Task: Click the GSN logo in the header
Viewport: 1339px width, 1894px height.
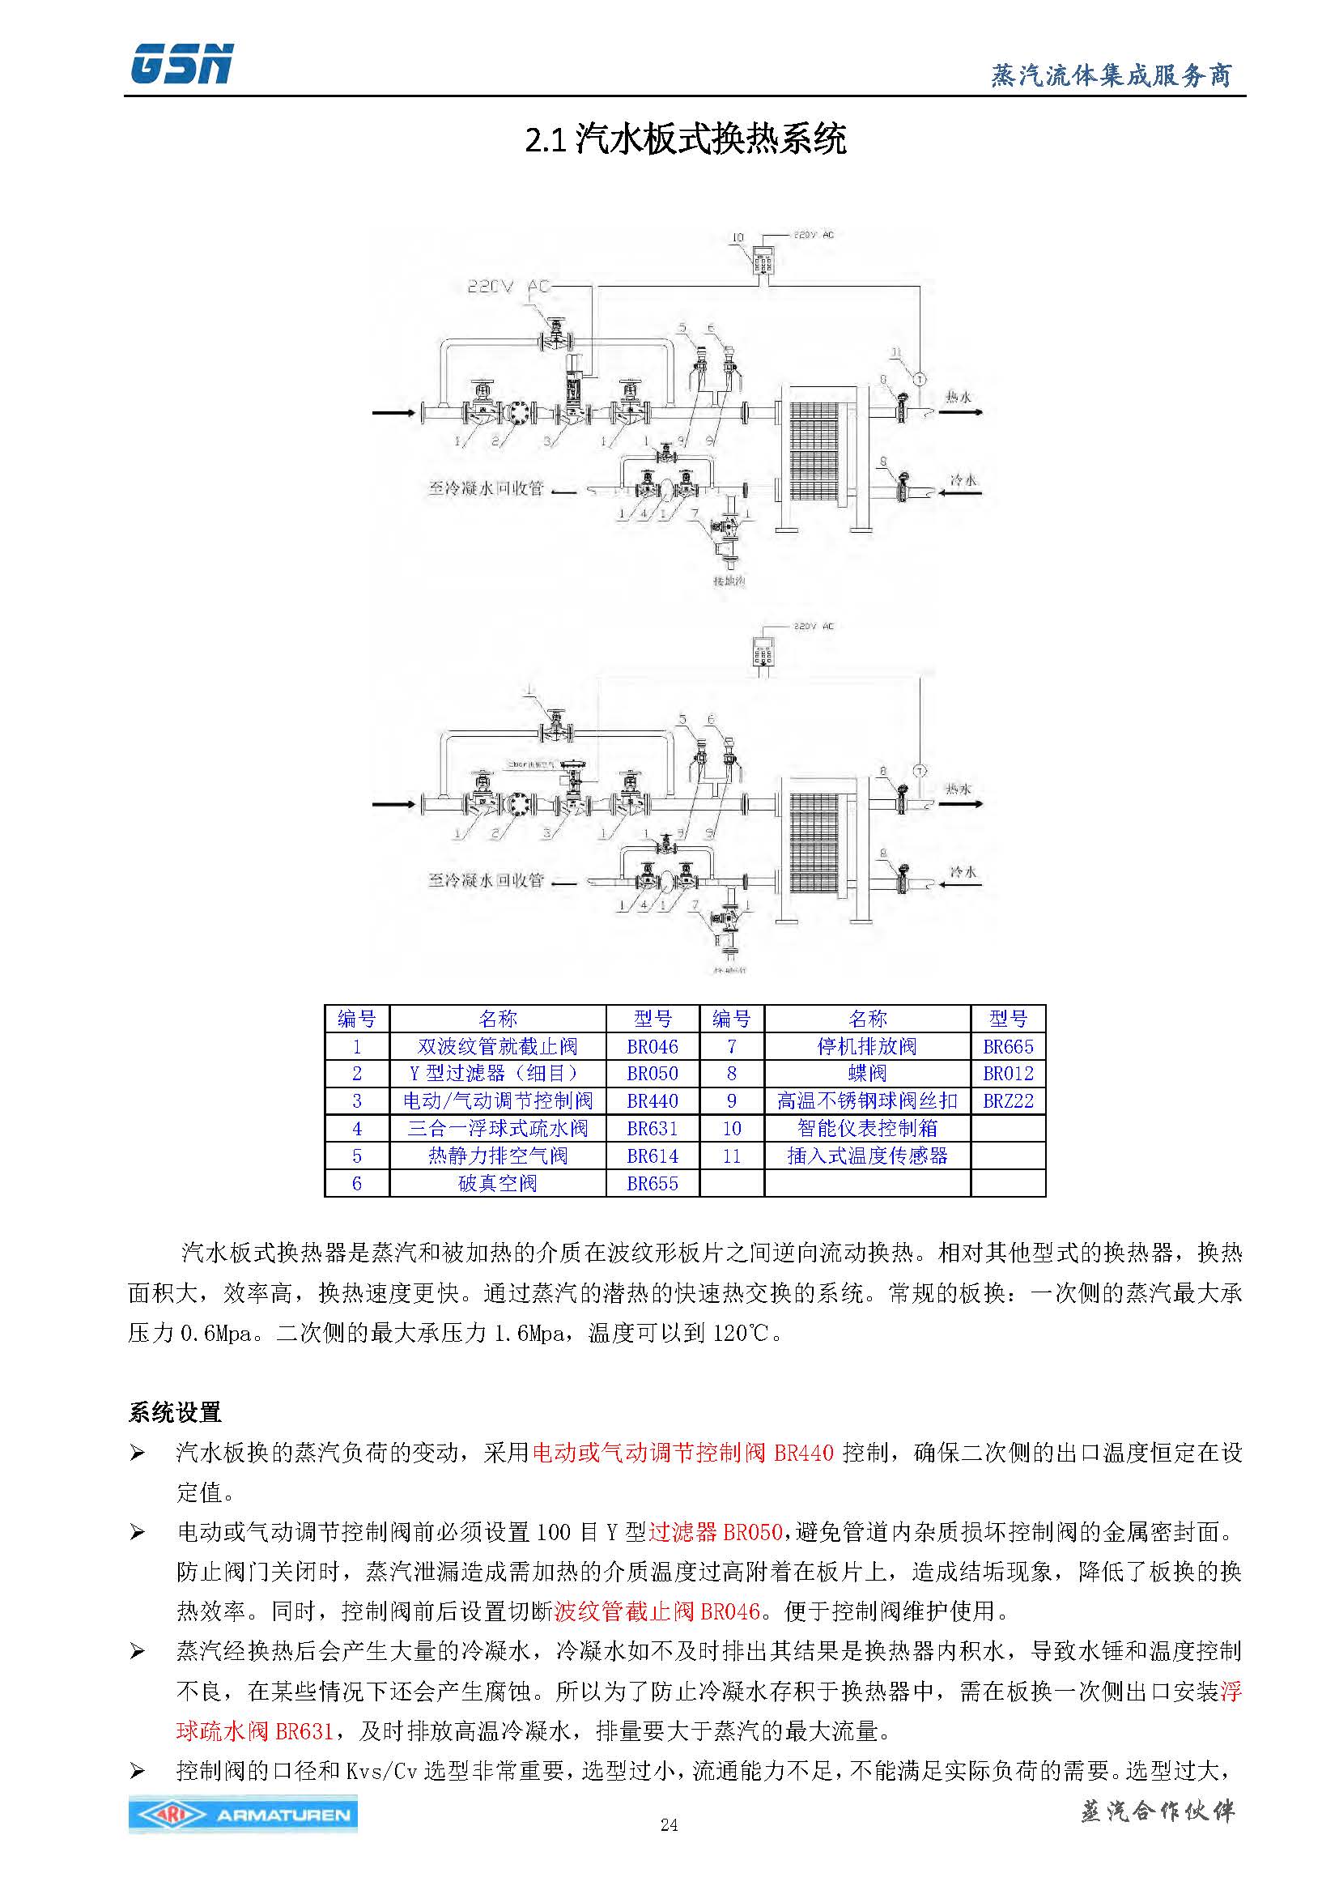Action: coord(181,64)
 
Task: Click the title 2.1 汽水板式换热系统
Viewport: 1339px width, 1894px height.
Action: coord(685,139)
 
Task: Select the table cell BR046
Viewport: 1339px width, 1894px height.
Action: coord(652,1047)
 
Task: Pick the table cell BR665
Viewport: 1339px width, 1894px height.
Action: coord(1008,1047)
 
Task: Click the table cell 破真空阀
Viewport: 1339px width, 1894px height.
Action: coord(497,1184)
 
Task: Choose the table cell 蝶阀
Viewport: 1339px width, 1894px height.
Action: coord(867,1074)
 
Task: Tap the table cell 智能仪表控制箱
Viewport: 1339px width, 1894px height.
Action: coord(867,1129)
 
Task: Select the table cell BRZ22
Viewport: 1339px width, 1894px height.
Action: coord(1008,1101)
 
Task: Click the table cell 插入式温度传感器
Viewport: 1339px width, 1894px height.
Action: coord(867,1156)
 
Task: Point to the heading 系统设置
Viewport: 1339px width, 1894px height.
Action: coord(175,1413)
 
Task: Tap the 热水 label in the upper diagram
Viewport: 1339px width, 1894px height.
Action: coord(958,397)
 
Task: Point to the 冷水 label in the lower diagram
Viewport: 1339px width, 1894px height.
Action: coord(963,871)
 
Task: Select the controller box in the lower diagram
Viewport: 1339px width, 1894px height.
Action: coord(763,654)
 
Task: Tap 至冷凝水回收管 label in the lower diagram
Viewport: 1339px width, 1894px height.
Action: coord(486,880)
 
